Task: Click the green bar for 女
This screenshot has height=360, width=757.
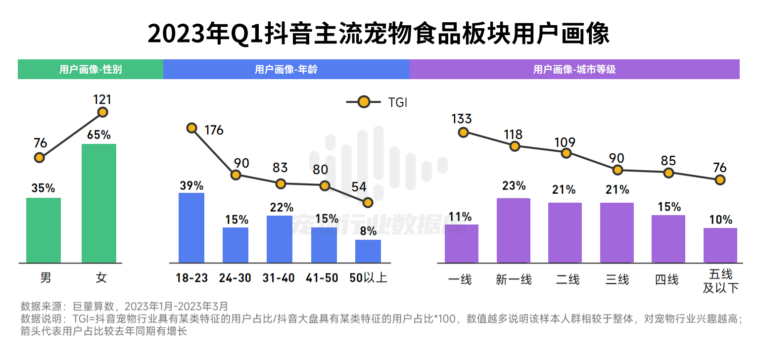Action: [99, 203]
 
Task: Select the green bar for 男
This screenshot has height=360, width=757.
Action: [44, 230]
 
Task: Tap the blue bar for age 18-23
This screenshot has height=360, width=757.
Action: [191, 227]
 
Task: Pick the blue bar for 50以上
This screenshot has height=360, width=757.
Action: [368, 251]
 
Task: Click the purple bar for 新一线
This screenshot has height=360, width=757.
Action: [514, 230]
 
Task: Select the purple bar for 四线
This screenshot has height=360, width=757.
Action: [668, 239]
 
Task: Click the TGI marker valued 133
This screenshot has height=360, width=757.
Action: [463, 132]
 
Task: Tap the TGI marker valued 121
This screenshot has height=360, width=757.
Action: [102, 112]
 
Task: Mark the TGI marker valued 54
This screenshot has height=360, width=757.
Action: [367, 202]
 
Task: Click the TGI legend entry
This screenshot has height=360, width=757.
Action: [376, 102]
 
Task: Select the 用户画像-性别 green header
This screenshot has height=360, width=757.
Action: [91, 69]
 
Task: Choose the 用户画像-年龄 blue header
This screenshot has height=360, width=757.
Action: [286, 69]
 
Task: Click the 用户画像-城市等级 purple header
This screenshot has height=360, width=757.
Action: [574, 69]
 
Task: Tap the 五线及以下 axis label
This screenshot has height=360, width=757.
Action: [720, 281]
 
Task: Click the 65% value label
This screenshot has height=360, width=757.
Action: [99, 135]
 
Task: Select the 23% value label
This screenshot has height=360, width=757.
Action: [514, 186]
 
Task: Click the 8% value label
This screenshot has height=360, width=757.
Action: [368, 231]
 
